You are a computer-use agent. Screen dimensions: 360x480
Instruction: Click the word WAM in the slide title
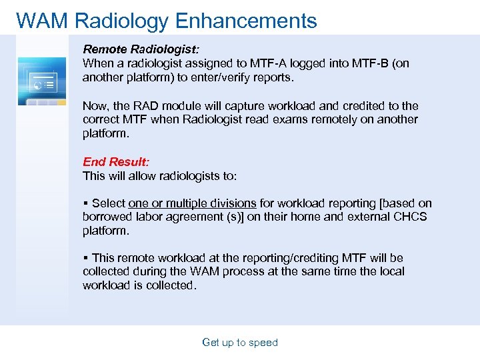tap(42, 21)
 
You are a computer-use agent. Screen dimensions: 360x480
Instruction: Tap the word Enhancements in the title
tap(246, 21)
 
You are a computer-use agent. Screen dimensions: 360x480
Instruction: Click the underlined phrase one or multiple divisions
tap(192, 203)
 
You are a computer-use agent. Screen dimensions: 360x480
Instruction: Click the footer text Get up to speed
tap(240, 343)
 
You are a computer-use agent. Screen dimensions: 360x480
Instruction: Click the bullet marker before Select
tap(85, 203)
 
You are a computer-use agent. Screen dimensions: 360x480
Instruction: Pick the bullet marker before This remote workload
tap(85, 258)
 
